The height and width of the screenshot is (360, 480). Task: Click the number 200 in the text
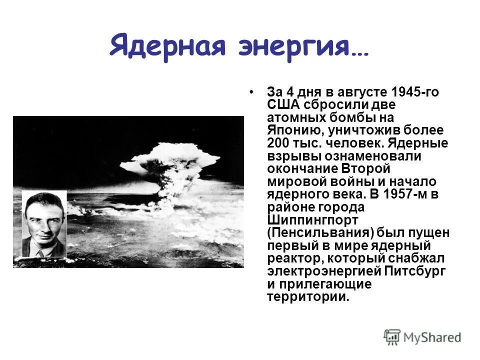278,143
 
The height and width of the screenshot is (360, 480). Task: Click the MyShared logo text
433,337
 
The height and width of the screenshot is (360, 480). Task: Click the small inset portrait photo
44,223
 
